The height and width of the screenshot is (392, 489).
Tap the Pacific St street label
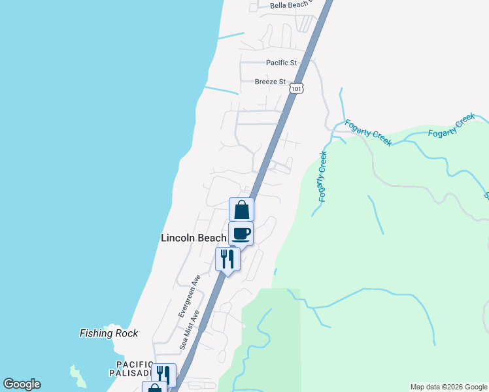(282, 63)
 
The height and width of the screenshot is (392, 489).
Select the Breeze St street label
(271, 82)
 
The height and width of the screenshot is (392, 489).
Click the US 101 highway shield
(297, 88)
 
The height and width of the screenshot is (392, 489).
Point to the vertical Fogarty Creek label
(322, 176)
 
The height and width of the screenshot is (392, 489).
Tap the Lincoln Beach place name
(194, 238)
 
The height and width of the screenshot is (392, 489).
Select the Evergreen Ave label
(188, 295)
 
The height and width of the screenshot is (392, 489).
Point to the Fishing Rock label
(109, 333)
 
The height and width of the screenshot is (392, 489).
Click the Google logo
(22, 384)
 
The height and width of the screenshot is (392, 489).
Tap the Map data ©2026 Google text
(448, 387)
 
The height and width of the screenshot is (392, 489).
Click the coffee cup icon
(241, 233)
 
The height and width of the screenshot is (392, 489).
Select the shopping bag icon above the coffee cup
(241, 210)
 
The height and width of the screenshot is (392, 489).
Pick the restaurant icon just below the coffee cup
(227, 259)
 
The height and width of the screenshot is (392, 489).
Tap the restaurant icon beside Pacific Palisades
(163, 374)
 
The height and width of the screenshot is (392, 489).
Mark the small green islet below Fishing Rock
(78, 376)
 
